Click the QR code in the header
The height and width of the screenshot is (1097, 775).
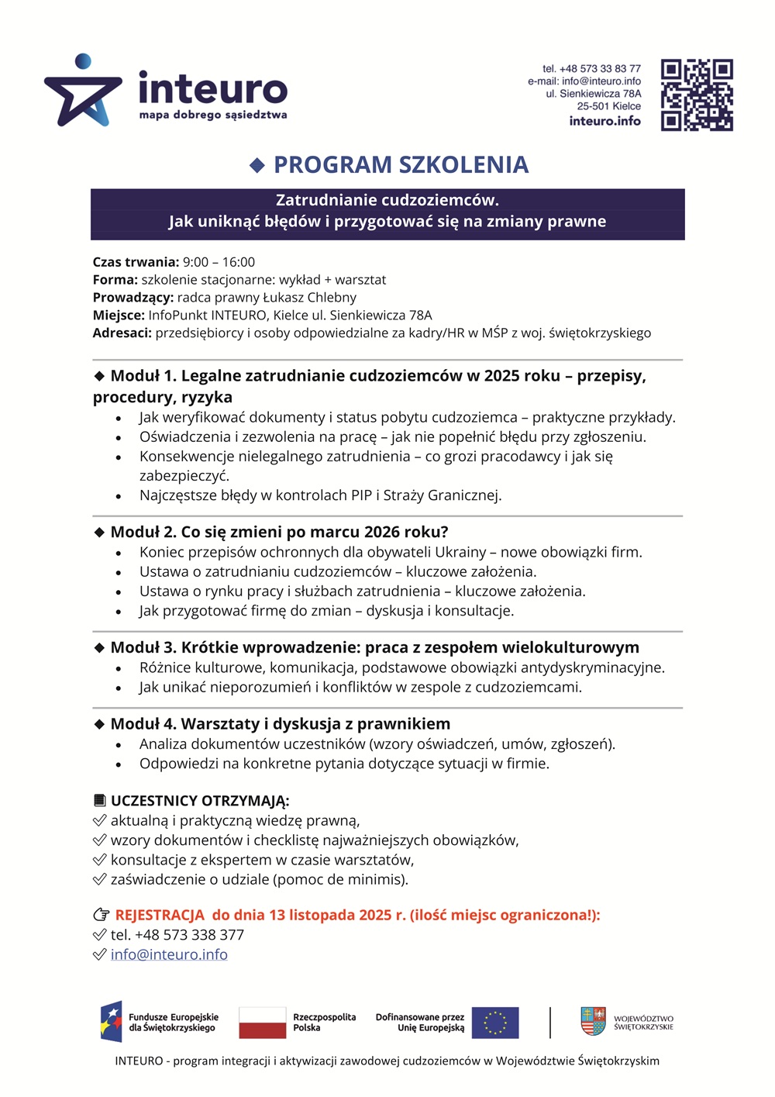click(x=697, y=95)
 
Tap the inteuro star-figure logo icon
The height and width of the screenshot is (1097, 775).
click(x=83, y=91)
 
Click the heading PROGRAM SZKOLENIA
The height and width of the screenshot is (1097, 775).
click(x=401, y=164)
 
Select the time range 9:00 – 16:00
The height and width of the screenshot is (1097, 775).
click(x=219, y=262)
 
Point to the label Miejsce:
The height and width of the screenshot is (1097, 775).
click(x=119, y=315)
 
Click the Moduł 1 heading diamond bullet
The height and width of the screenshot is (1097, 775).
click(x=99, y=376)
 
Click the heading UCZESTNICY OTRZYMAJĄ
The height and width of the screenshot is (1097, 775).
click(x=199, y=801)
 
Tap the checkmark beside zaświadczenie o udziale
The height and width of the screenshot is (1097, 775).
click(x=99, y=879)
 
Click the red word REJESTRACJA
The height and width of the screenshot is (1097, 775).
click(x=160, y=915)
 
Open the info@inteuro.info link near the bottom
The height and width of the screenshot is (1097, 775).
click(x=169, y=954)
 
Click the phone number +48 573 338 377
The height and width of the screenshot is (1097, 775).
click(x=189, y=935)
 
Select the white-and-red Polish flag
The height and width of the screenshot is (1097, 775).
click(x=262, y=1023)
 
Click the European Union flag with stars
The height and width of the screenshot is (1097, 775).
click(x=494, y=1023)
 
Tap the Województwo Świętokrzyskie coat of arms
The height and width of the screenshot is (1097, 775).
click(x=593, y=1021)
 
